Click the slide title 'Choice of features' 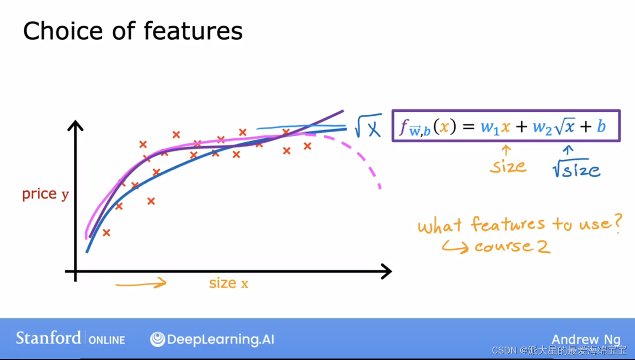click(x=133, y=31)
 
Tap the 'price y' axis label click(x=45, y=194)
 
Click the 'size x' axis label click(x=228, y=284)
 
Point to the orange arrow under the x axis click(x=141, y=284)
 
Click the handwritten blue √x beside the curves click(x=368, y=127)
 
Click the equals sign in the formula click(x=469, y=127)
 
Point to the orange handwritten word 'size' click(x=508, y=166)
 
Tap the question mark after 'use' click(x=617, y=224)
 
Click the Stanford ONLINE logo click(x=71, y=339)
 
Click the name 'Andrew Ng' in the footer click(x=586, y=340)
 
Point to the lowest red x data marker click(x=106, y=232)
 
